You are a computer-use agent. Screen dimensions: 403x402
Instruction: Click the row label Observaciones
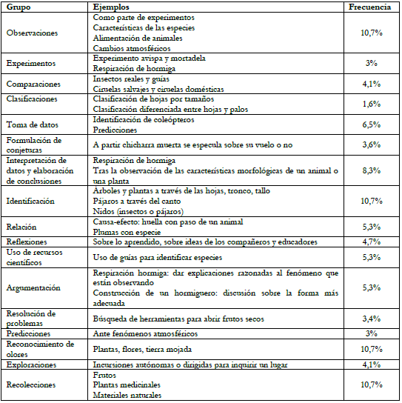[31, 33]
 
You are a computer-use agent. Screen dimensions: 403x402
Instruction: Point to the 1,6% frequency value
[372, 104]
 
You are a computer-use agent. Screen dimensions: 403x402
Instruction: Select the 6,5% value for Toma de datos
[372, 124]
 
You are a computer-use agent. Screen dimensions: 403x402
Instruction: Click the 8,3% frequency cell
[372, 170]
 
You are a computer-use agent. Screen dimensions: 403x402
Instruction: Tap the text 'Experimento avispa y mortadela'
[150, 58]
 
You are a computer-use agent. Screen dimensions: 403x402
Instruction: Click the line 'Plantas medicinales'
[127, 385]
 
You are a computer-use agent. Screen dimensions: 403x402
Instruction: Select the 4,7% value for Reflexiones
[372, 242]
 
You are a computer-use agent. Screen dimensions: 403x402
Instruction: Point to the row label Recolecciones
[31, 385]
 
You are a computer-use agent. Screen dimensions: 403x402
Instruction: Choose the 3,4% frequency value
[372, 319]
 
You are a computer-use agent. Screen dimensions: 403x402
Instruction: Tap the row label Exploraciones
[31, 364]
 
